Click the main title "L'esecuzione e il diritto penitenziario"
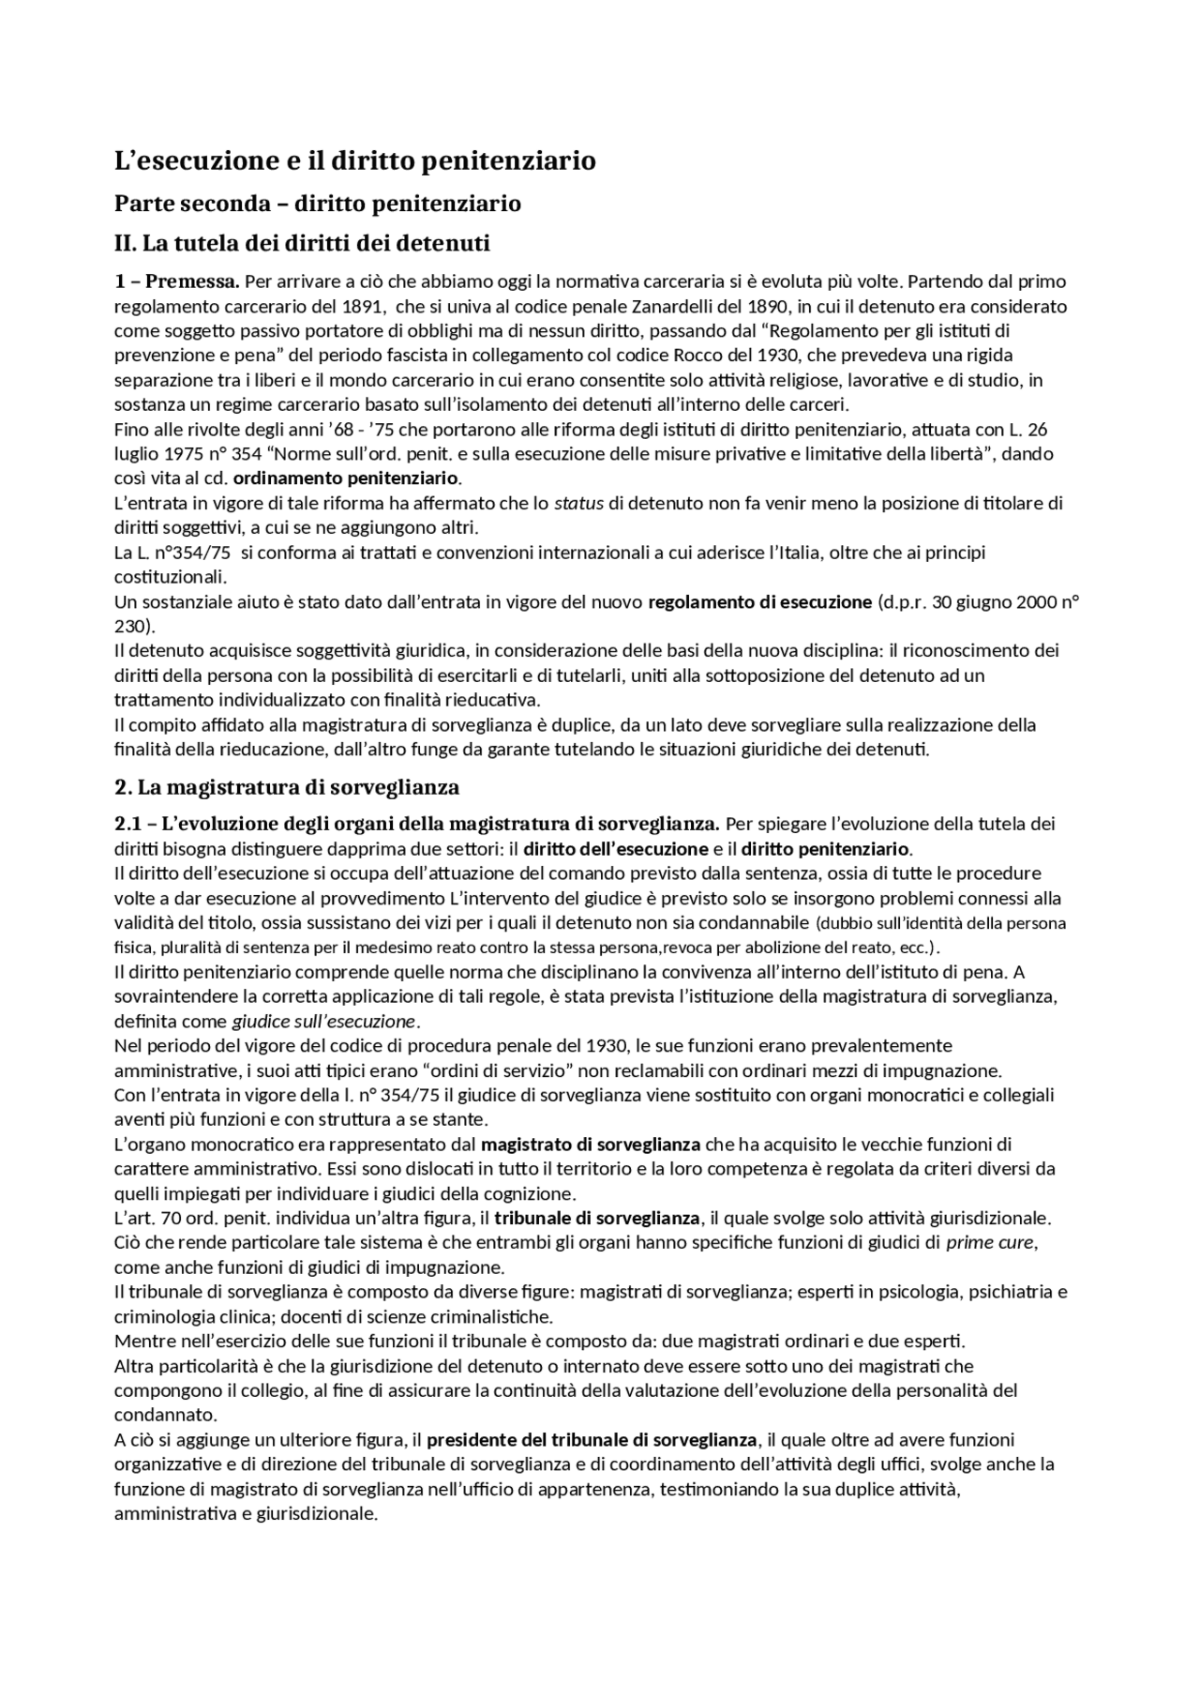click(354, 160)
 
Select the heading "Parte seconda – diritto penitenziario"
click(317, 204)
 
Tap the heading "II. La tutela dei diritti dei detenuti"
click(302, 244)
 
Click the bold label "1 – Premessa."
click(177, 281)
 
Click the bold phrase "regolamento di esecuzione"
click(759, 602)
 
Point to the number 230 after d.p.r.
click(130, 627)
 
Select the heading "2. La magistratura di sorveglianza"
click(287, 786)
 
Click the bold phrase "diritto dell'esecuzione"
click(615, 849)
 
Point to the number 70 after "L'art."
click(165, 1218)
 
